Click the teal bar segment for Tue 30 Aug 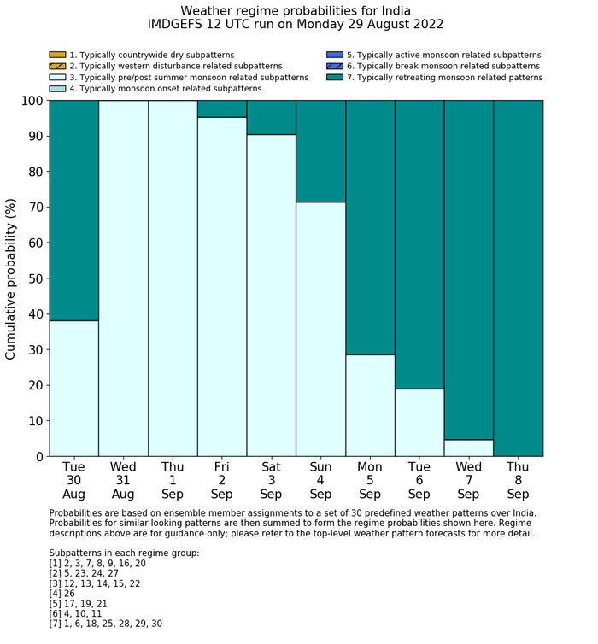click(73, 210)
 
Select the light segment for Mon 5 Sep click(370, 405)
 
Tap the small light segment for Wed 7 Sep click(469, 448)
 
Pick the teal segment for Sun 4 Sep click(320, 151)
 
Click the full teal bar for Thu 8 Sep click(519, 278)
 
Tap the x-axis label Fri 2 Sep click(221, 480)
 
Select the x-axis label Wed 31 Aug click(123, 480)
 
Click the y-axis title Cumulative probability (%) click(11, 278)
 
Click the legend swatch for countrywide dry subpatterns click(57, 56)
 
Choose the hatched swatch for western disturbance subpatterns click(57, 67)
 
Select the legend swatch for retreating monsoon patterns click(334, 78)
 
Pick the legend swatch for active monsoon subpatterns click(334, 56)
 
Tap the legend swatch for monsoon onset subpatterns click(57, 89)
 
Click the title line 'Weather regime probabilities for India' click(296, 11)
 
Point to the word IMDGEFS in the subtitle click(176, 25)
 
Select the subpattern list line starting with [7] click(106, 624)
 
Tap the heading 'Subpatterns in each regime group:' click(124, 553)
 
